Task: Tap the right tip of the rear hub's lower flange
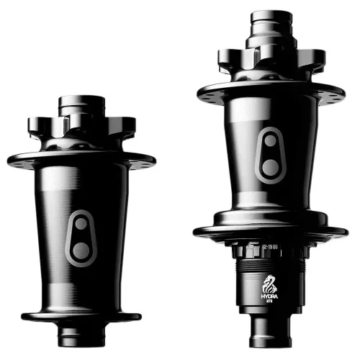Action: click(346, 232)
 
